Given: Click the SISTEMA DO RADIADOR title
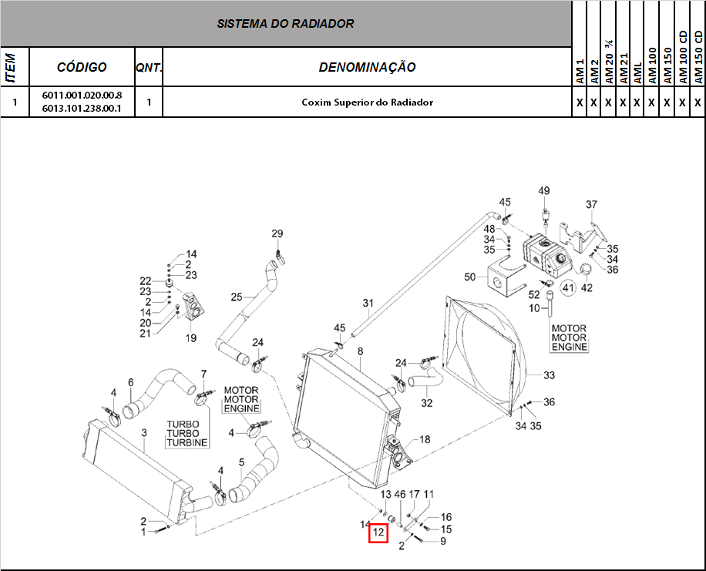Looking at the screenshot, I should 285,23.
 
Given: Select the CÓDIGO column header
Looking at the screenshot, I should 82,68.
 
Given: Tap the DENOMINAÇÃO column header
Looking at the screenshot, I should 367,68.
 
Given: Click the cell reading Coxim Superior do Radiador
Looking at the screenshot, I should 367,102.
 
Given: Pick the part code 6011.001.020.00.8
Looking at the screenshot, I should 82,96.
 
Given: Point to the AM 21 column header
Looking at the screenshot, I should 624,68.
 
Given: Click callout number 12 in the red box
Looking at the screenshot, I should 378,532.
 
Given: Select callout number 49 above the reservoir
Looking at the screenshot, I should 543,191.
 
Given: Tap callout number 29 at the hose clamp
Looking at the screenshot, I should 277,233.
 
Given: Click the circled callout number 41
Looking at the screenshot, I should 568,288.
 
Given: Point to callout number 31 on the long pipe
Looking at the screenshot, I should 368,302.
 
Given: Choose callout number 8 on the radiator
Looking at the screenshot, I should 360,351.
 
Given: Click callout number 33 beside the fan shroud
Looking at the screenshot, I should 549,376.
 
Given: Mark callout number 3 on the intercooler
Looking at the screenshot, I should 143,434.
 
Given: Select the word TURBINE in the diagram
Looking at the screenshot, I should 187,443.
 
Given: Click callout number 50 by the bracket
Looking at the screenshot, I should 470,277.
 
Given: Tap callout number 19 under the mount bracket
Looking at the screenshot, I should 190,338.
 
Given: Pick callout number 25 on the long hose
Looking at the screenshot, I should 237,297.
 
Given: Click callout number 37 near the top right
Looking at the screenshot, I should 591,205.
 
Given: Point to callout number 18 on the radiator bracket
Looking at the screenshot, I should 425,439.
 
